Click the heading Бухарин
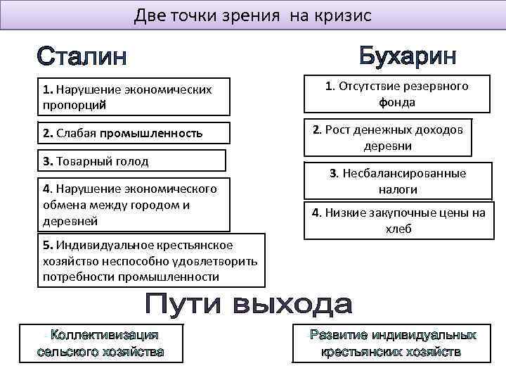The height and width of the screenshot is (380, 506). [x=408, y=56]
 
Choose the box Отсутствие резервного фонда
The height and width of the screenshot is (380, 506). [x=396, y=94]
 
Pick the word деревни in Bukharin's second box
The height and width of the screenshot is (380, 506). [x=387, y=146]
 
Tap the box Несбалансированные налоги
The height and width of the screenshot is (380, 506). [x=397, y=181]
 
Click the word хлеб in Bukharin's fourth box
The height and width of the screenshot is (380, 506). [x=398, y=229]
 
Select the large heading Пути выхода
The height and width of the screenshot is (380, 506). [x=249, y=305]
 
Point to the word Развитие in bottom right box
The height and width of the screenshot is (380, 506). [x=340, y=335]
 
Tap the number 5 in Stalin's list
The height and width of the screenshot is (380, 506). [x=45, y=245]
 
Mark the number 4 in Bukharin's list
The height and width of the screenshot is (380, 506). [x=315, y=213]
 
